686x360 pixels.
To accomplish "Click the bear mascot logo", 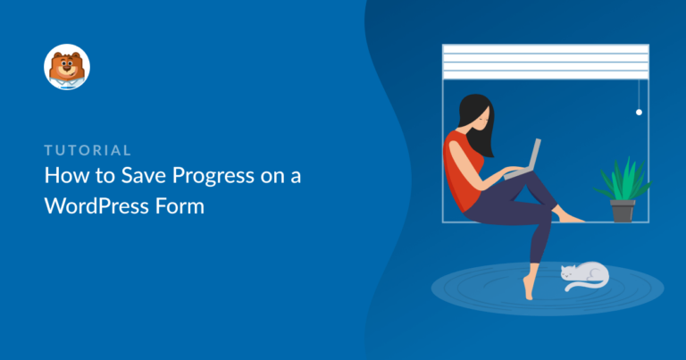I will pyautogui.click(x=67, y=67).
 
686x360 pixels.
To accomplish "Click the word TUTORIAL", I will pyautogui.click(x=88, y=150).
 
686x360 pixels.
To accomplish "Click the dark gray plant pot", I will pyautogui.click(x=623, y=211).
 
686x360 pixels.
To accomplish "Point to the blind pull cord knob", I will pyautogui.click(x=639, y=112).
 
